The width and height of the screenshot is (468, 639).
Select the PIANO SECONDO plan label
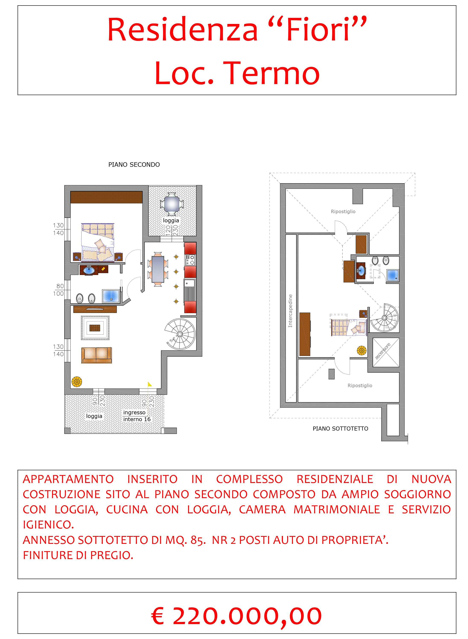[x=134, y=164]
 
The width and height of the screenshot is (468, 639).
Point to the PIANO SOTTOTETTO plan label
[x=340, y=429]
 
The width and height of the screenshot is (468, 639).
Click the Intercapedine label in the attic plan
[x=290, y=311]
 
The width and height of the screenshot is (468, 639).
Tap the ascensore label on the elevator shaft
[x=383, y=351]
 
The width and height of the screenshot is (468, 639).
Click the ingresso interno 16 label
[x=137, y=416]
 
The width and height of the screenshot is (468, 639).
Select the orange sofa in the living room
[x=96, y=355]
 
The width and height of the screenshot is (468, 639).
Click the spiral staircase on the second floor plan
[x=180, y=334]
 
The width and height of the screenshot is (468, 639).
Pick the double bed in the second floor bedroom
[x=98, y=242]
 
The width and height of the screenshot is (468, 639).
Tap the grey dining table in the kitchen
[x=158, y=269]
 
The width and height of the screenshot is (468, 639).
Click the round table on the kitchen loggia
[x=172, y=204]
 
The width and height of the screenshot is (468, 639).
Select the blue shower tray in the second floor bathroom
[x=111, y=296]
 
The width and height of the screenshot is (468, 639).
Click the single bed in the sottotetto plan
[x=349, y=327]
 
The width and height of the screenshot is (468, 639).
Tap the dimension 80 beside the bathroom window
[x=60, y=286]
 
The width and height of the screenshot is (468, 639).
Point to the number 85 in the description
[x=198, y=540]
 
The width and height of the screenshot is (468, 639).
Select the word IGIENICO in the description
[x=48, y=525]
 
